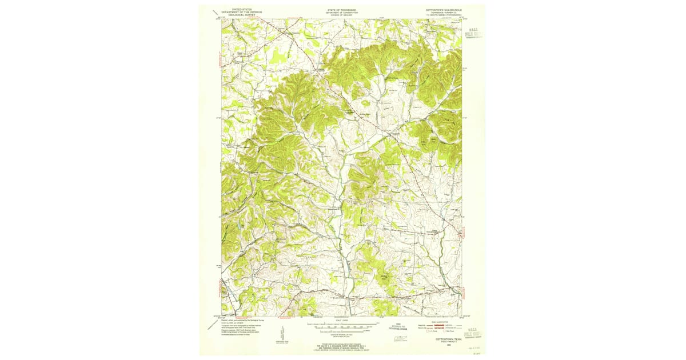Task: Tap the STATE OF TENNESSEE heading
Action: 341,9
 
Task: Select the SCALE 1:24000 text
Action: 341,321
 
